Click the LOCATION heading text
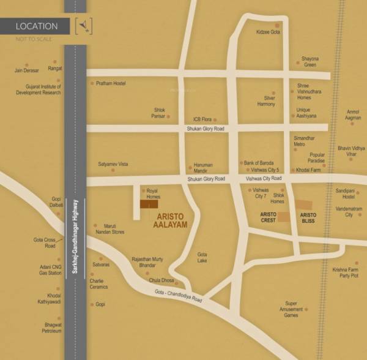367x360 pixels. coord(37,26)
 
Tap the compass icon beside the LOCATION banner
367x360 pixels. coord(83,27)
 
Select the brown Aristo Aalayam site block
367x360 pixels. coord(149,204)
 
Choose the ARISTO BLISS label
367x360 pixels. coord(308,217)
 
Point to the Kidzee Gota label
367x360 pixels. coord(268,32)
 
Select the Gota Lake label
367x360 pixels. coord(202,257)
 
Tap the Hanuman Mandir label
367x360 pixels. coord(203,167)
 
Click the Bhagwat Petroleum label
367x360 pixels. coord(48,328)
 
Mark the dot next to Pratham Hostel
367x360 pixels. coord(91,83)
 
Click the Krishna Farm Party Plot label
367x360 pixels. coord(346,272)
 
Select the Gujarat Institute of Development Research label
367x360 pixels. coord(39,89)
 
